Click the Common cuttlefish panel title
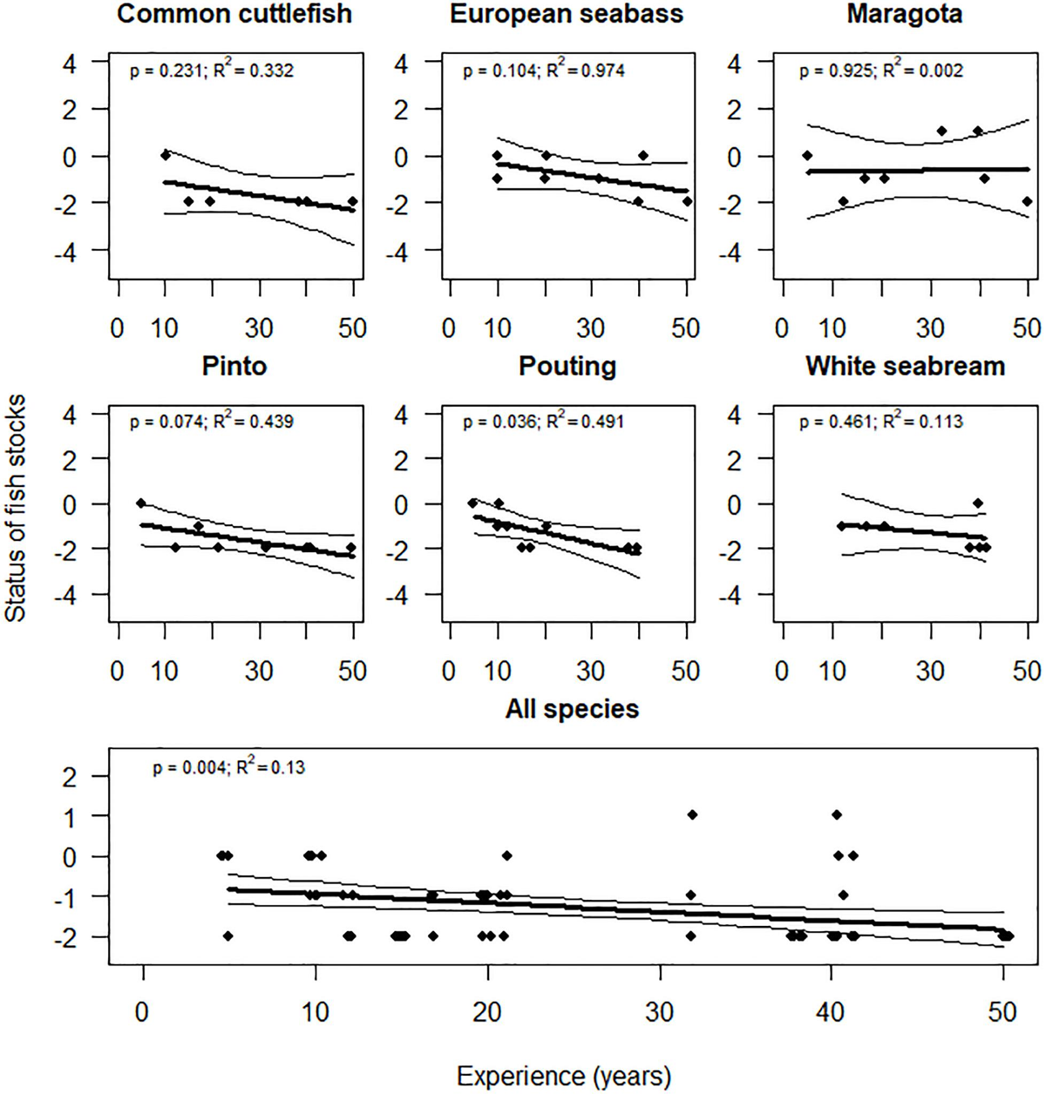234,14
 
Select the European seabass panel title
567,14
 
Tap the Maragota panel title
904,14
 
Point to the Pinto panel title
234,366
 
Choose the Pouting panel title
567,366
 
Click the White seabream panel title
905,366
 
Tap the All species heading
572,709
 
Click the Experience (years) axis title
564,1076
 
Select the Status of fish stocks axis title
16,507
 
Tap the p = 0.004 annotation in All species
187,768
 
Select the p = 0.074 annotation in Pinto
166,422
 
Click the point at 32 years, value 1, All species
692,814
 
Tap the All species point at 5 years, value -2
228,936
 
